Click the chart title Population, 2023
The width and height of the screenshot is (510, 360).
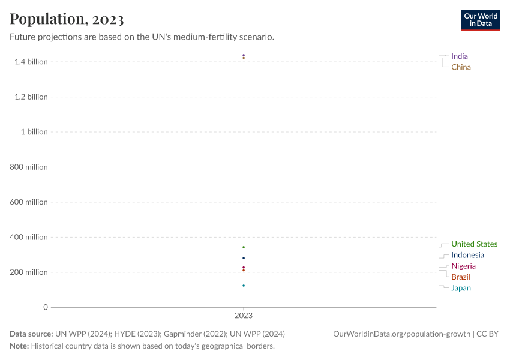pos(67,19)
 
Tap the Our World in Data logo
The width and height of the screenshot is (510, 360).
pos(480,20)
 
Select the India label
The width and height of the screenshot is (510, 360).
pos(460,56)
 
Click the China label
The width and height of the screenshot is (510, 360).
pos(461,67)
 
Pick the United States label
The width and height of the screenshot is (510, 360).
pos(474,244)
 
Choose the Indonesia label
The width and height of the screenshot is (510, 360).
pos(467,255)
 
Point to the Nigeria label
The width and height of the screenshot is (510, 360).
pos(463,266)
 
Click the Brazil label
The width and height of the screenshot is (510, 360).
pos(461,277)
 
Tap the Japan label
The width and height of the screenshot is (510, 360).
pos(461,288)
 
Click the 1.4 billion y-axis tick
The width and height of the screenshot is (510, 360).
pos(31,62)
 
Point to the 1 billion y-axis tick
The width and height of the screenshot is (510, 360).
pos(34,132)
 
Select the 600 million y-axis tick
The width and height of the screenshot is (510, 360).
pos(29,202)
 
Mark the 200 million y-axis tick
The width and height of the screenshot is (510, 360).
pos(29,272)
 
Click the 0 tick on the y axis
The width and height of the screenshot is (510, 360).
pos(45,307)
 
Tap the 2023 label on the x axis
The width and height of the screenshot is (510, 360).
pos(244,315)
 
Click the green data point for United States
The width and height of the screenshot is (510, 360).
pos(244,247)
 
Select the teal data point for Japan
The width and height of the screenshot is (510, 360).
pos(244,286)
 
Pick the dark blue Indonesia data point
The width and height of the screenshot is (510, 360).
pos(244,258)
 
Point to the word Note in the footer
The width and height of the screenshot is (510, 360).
pos(19,346)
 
